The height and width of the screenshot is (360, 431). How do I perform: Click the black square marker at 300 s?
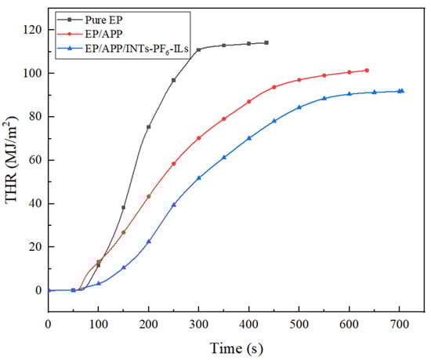click(199, 50)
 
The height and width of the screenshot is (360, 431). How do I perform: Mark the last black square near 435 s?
click(266, 42)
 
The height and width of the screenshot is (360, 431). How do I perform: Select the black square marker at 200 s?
click(149, 126)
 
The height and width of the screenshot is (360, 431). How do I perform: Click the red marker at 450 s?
click(274, 87)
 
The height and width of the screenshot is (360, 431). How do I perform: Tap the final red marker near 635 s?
click(367, 71)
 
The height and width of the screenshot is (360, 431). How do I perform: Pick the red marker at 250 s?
click(174, 163)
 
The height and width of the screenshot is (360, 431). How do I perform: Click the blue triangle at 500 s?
click(299, 107)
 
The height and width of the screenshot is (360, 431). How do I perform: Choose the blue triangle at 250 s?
click(174, 205)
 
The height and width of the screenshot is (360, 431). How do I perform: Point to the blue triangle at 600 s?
click(350, 94)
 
